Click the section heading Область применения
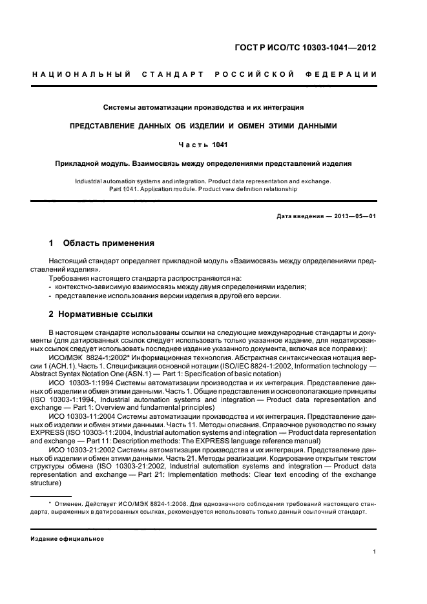click(109, 243)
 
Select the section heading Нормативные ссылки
click(107, 314)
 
